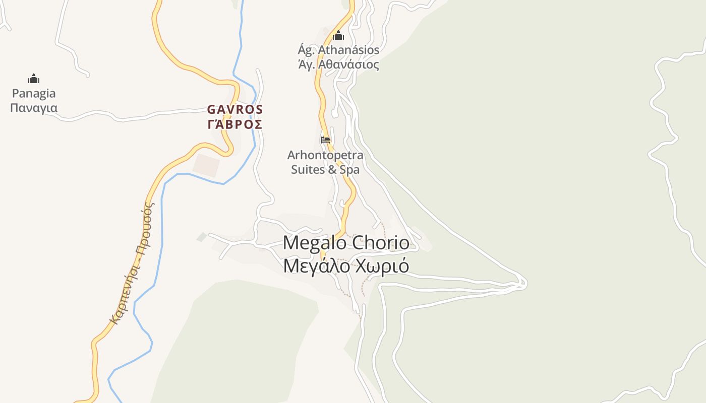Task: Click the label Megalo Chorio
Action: [x=346, y=243]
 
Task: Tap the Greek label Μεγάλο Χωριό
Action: [x=346, y=266]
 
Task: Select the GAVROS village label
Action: [x=235, y=109]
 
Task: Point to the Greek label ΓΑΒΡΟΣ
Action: [x=235, y=124]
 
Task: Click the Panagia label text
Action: [x=34, y=94]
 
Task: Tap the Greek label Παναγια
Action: [x=34, y=108]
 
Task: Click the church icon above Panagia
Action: [x=34, y=79]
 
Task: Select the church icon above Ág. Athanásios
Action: [x=338, y=35]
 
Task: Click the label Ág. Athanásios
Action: [x=338, y=50]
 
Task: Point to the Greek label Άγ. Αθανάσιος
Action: [x=338, y=64]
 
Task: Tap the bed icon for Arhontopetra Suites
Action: [x=325, y=140]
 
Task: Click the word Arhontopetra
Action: [x=325, y=155]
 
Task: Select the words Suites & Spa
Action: [x=325, y=170]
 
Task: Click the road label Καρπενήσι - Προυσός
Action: [x=132, y=262]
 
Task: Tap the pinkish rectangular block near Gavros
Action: [x=207, y=165]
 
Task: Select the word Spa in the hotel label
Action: [x=349, y=170]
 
